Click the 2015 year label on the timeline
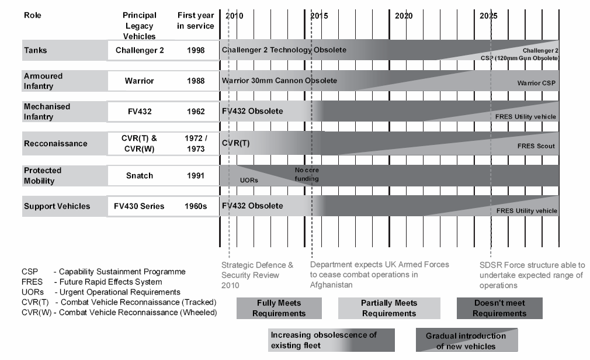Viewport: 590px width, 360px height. [x=319, y=16]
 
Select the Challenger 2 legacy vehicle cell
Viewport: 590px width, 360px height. [x=140, y=50]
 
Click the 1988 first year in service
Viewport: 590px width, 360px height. [x=196, y=81]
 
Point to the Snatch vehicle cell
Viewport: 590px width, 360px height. [x=140, y=175]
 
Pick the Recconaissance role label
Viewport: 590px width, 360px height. [x=56, y=144]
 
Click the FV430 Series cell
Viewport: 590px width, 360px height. [x=140, y=206]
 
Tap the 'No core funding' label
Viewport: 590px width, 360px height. [x=307, y=174]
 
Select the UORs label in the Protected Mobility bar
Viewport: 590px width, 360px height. [x=249, y=181]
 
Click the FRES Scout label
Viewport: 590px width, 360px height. [x=536, y=146]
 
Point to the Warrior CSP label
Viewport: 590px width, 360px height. [x=537, y=84]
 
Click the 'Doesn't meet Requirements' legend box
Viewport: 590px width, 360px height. [x=499, y=308]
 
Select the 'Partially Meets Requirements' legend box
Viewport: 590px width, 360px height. [x=388, y=308]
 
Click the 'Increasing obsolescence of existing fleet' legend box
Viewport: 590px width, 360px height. [x=331, y=340]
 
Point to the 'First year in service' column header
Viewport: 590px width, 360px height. [x=196, y=21]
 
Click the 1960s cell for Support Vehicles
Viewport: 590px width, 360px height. [x=196, y=206]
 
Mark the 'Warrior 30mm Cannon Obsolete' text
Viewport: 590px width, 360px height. [x=279, y=80]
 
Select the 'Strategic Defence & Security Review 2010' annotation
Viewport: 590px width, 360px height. [x=258, y=275]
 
